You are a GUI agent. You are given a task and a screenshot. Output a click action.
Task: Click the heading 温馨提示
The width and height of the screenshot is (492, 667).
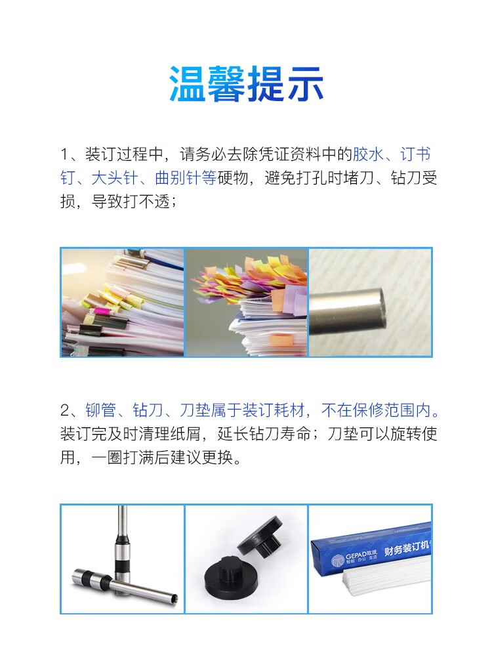(x=246, y=84)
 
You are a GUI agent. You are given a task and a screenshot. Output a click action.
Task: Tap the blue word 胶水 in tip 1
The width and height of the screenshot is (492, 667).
(x=368, y=154)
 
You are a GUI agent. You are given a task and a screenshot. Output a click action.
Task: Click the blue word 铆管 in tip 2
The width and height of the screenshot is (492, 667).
(x=101, y=410)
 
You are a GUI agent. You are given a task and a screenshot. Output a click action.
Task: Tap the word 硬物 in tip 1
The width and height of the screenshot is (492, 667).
(x=233, y=178)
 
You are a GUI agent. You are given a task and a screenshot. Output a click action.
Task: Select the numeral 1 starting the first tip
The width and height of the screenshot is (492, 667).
(x=64, y=154)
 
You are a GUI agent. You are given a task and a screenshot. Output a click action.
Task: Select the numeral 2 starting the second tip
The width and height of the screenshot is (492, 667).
(x=65, y=410)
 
